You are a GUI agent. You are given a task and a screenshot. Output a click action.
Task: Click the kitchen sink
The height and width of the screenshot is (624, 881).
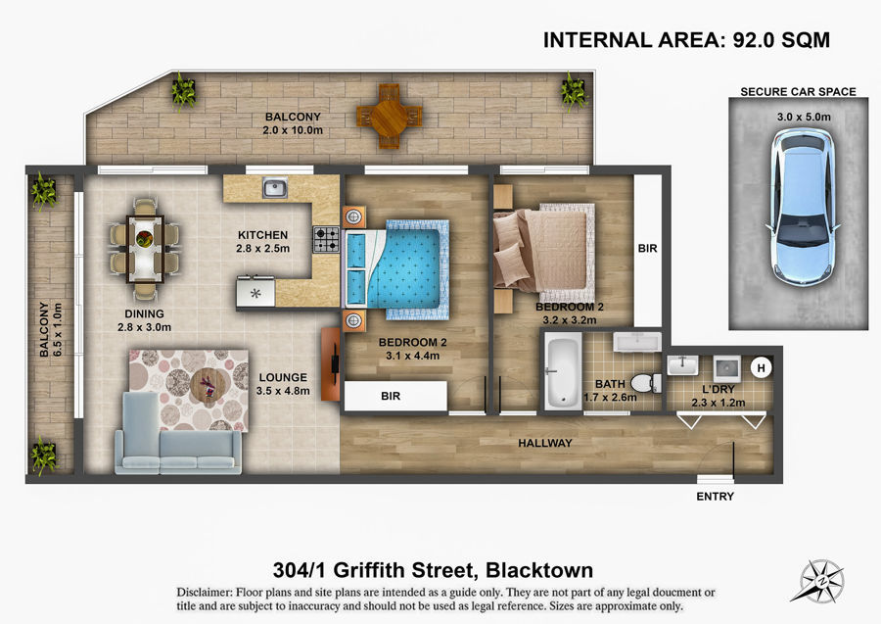click(x=275, y=188)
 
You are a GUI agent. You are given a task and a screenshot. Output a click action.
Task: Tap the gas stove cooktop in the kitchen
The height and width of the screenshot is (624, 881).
click(x=326, y=239)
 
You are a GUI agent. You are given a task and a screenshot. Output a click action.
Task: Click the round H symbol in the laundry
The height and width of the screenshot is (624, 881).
click(x=761, y=368)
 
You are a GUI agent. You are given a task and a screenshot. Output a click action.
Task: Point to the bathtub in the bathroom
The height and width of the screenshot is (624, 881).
click(x=563, y=372)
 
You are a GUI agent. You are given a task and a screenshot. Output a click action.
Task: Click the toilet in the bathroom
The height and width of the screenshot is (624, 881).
click(x=646, y=383)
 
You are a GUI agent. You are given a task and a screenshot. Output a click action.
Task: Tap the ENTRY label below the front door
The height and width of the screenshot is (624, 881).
click(x=715, y=497)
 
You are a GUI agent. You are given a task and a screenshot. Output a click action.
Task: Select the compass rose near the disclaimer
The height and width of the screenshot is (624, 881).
click(x=821, y=581)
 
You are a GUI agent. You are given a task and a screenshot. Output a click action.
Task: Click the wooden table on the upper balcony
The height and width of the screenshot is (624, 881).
click(x=389, y=117)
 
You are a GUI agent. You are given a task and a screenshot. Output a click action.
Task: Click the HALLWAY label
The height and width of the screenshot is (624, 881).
click(x=545, y=443)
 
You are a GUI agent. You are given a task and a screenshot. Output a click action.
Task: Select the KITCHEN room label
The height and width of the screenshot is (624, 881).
click(x=262, y=235)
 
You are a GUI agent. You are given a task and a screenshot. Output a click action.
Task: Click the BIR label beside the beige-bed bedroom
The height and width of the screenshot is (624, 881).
click(x=647, y=248)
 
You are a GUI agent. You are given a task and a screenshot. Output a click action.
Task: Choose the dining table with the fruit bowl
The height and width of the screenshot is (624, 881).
click(x=146, y=249)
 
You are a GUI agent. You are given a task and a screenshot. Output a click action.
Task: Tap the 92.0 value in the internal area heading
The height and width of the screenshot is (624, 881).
click(x=753, y=40)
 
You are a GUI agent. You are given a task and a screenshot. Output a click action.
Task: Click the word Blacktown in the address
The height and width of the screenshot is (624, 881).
click(x=539, y=570)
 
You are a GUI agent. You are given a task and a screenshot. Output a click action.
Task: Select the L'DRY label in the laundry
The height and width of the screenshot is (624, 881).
click(x=719, y=389)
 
